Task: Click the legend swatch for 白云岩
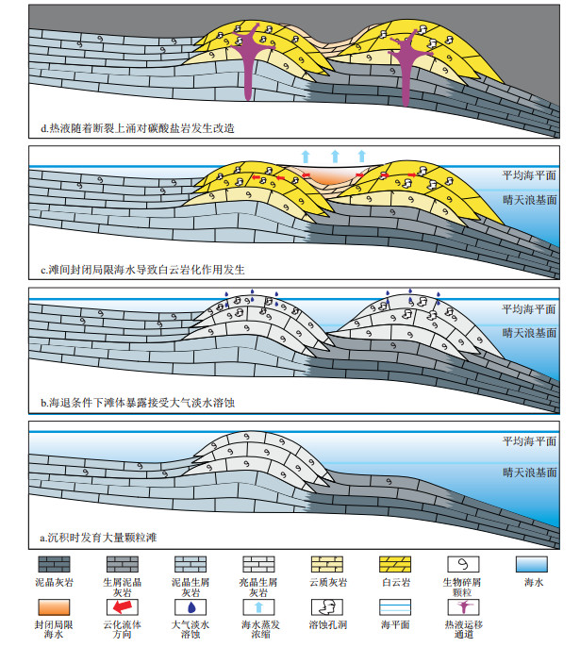tap(395, 564)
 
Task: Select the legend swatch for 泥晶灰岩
tap(54, 564)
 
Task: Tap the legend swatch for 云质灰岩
tap(326, 564)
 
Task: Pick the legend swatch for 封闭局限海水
tap(54, 607)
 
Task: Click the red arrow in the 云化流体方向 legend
tap(123, 606)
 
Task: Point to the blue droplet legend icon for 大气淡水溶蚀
tap(191, 607)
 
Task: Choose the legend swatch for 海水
tap(532, 564)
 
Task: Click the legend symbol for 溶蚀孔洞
tap(327, 607)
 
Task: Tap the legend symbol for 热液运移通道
tap(463, 607)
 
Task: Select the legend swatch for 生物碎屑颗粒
tap(463, 564)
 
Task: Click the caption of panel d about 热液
tap(138, 128)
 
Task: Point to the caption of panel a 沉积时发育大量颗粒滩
tap(98, 538)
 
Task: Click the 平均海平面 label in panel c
tap(529, 175)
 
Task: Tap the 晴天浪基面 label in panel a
tap(529, 472)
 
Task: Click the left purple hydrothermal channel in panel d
tap(248, 62)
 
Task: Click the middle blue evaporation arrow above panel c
tap(335, 157)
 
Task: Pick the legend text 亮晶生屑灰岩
tap(258, 588)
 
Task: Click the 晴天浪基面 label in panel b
tap(529, 333)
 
